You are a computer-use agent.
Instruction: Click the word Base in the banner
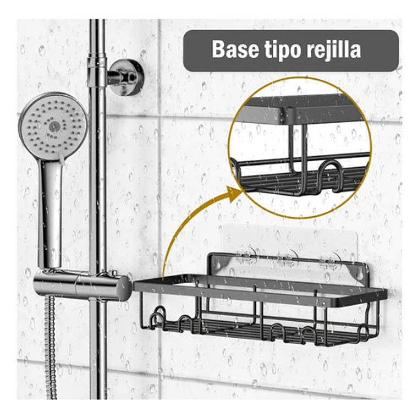click(235, 50)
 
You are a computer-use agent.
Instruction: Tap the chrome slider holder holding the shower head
click(82, 284)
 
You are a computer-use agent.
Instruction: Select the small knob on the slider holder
click(114, 273)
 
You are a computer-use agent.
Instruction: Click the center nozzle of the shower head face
click(54, 127)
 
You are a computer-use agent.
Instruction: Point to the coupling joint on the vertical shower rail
click(97, 70)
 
